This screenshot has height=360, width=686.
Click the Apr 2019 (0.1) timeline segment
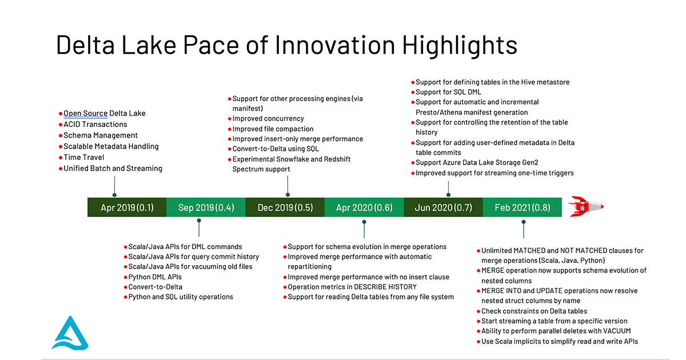tap(127, 207)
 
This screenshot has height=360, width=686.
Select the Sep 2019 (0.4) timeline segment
tap(206, 207)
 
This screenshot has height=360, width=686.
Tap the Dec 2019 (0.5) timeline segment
tap(285, 207)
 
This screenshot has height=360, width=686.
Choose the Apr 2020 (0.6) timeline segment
tap(364, 207)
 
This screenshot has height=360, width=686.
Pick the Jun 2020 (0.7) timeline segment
tap(443, 207)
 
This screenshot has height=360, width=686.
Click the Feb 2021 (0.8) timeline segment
tap(522, 207)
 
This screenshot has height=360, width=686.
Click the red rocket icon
tap(587, 206)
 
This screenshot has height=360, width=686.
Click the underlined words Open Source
tap(86, 113)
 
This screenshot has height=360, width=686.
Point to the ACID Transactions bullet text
tap(95, 124)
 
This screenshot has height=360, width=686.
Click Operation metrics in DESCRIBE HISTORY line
tap(352, 287)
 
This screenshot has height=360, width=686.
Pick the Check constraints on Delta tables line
tap(534, 311)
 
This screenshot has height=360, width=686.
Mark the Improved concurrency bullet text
tap(269, 119)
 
